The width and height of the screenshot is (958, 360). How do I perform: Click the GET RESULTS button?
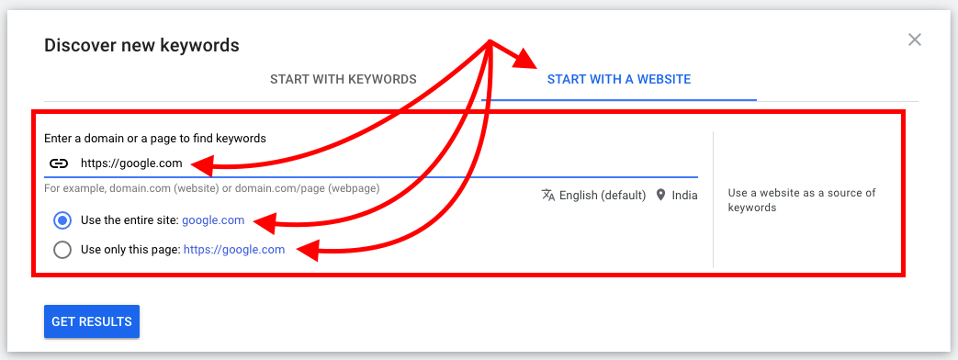[x=92, y=321]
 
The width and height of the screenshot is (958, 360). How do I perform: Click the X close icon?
[x=914, y=39]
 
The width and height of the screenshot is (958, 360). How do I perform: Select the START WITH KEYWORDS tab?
[x=344, y=80]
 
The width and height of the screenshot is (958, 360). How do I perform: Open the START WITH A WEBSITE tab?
[x=619, y=80]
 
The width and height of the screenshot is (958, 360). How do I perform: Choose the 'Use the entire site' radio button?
[x=62, y=220]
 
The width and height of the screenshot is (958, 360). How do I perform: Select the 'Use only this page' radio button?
[x=62, y=250]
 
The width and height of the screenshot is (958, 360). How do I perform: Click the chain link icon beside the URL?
[x=58, y=163]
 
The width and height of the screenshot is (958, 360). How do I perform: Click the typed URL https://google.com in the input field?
[x=131, y=163]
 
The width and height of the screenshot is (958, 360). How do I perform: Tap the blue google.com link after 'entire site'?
[x=213, y=220]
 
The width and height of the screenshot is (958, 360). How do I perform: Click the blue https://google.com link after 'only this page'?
[x=234, y=250]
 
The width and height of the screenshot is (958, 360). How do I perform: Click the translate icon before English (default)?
[x=548, y=195]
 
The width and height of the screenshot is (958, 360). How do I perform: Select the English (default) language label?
[x=603, y=196]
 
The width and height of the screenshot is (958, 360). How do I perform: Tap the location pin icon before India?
[x=659, y=195]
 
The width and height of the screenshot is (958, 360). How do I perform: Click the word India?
[x=684, y=196]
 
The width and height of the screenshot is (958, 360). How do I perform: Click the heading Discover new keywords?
[x=141, y=45]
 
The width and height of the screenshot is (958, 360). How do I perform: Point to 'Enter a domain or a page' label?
[x=155, y=138]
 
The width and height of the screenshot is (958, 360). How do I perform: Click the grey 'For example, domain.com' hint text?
[x=212, y=188]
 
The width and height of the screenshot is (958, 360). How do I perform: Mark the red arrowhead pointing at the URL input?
[x=206, y=165]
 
